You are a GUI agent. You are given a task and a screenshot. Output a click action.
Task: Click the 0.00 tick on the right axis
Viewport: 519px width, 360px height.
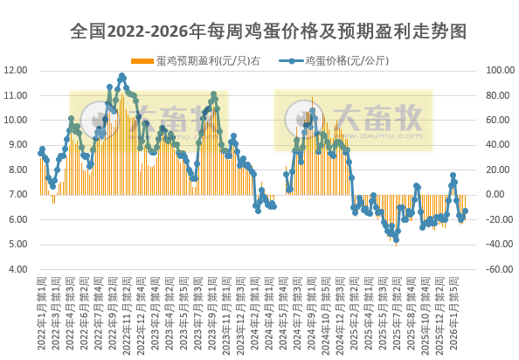click(x=495, y=195)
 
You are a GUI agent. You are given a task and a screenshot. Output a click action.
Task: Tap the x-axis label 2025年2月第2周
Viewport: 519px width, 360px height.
click(x=354, y=315)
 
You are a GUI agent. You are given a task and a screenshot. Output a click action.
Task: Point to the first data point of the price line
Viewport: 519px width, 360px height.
click(x=40, y=153)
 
